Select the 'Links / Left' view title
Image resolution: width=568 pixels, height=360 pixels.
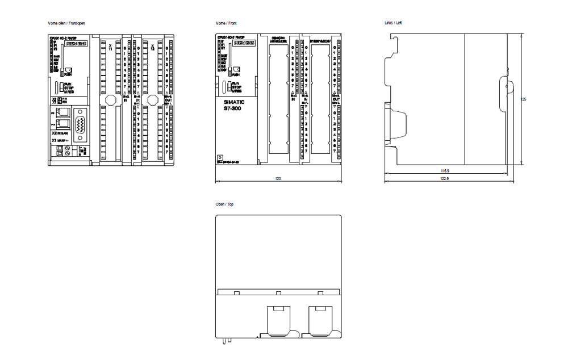point(394,23)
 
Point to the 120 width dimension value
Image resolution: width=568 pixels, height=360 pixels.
point(278,178)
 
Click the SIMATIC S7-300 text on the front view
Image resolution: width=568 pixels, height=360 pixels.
point(233,106)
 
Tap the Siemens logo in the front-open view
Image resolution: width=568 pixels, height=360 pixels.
point(76,43)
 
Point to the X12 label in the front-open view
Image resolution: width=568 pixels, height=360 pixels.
point(152,48)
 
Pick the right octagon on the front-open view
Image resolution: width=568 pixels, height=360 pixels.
point(152,100)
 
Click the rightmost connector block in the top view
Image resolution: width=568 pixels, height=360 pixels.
point(320,315)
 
